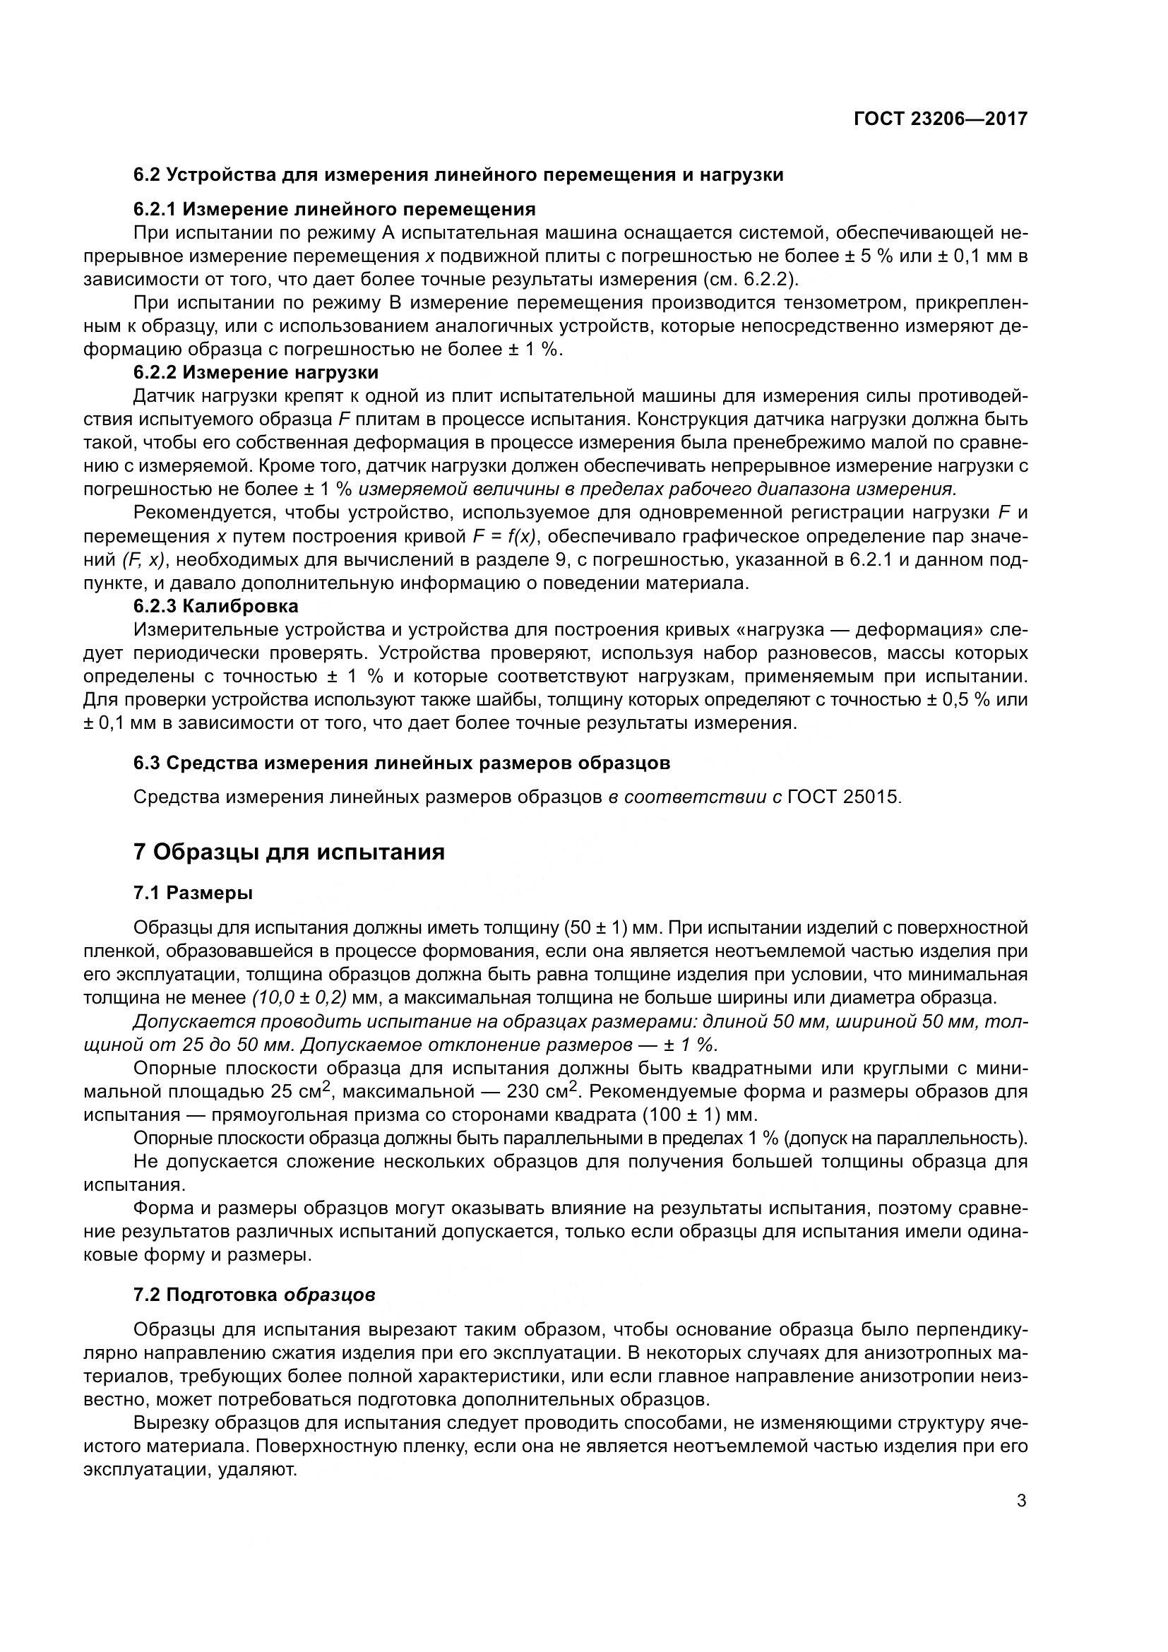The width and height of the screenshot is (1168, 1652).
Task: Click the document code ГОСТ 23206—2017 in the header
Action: (x=940, y=119)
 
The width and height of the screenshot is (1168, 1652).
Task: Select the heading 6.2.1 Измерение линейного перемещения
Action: (x=335, y=209)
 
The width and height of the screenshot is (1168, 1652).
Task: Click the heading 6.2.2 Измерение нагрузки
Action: (x=256, y=373)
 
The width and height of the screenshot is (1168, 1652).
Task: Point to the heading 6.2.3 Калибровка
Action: (x=216, y=606)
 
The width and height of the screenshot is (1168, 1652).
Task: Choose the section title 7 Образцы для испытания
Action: (x=289, y=852)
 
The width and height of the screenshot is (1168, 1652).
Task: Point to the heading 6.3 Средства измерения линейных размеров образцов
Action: (x=401, y=763)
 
